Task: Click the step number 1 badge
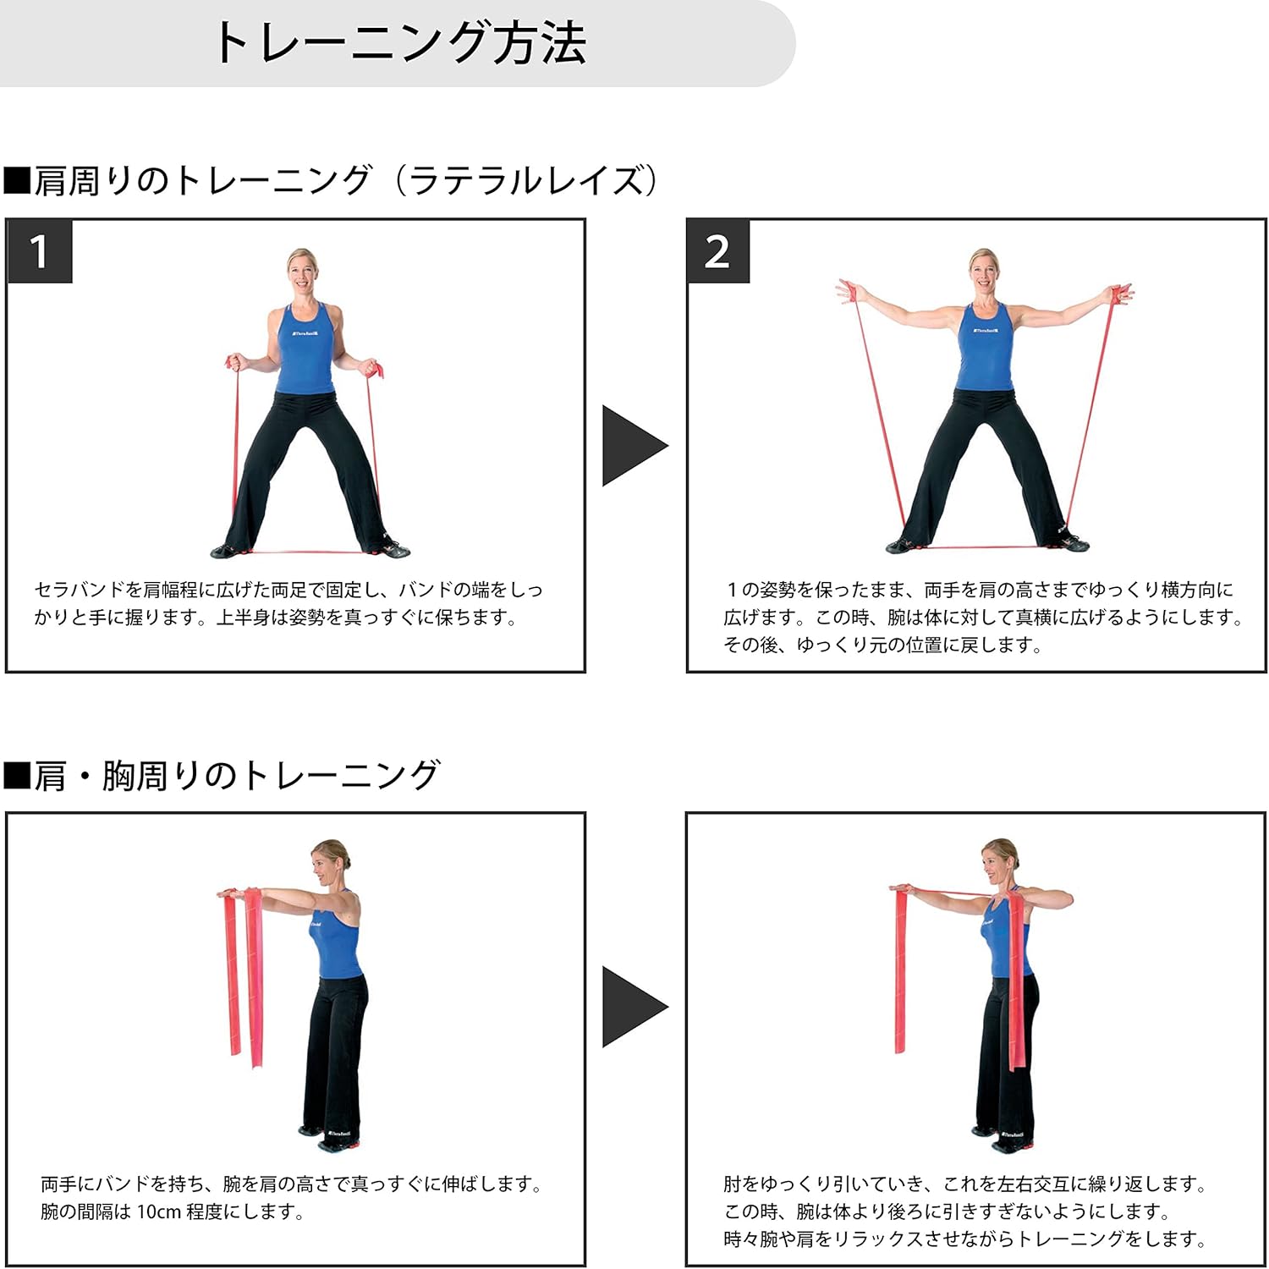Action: click(40, 252)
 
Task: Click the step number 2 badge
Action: click(717, 252)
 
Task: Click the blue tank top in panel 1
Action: click(305, 351)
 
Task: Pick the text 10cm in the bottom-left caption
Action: click(158, 1211)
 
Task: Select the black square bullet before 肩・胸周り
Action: click(17, 775)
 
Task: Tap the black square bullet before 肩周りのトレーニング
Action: click(17, 181)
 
